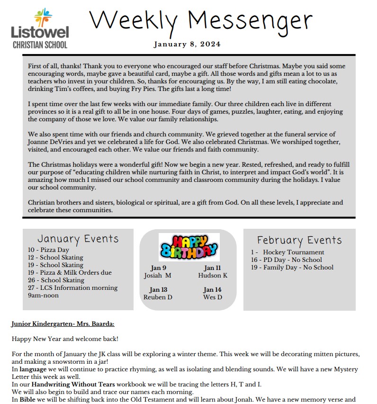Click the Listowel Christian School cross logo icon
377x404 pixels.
pos(43,18)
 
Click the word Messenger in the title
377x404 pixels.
pos(250,21)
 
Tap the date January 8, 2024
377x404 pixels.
pos(187,45)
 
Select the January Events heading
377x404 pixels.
pos(78,239)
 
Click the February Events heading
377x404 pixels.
pos(299,240)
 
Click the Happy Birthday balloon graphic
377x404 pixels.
pos(188,247)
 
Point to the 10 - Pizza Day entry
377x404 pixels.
pos(48,250)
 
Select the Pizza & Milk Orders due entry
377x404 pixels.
pos(70,273)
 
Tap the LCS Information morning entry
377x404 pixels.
pos(72,288)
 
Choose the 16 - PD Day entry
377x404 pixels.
pos(286,260)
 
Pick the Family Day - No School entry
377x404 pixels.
pos(292,268)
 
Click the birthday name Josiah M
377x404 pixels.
pos(158,276)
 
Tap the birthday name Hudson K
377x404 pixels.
pos(213,276)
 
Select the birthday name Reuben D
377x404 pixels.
pos(158,297)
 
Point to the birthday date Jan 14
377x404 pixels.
pos(212,290)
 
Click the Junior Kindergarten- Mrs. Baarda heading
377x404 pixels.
pos(63,324)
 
